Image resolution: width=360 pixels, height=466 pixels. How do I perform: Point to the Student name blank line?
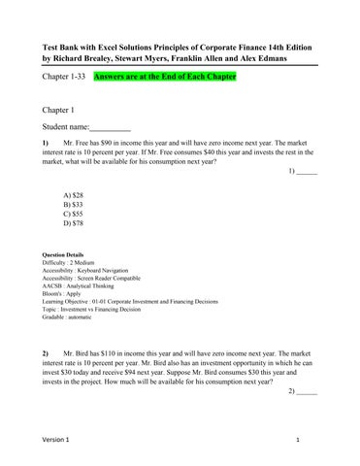coord(110,127)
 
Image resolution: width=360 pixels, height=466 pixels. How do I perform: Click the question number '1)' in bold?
coord(46,143)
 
